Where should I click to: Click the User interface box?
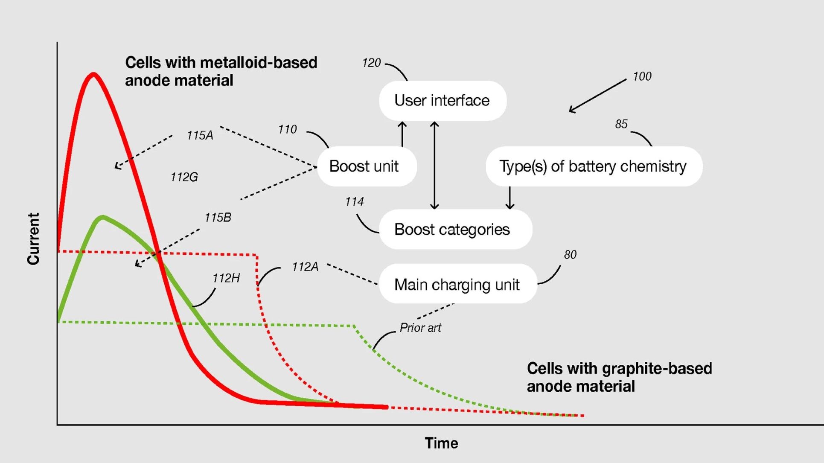443,101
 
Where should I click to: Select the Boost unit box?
367,166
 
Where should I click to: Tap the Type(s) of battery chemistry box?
594,166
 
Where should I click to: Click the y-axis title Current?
33,239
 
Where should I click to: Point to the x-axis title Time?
441,443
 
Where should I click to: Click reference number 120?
371,63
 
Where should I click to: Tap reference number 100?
642,77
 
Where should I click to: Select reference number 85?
621,124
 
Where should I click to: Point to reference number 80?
570,255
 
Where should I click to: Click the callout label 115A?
200,136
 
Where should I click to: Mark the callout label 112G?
184,177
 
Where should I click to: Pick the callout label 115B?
218,218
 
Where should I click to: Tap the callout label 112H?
226,278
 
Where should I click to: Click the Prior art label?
420,328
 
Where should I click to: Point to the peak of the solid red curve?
93,75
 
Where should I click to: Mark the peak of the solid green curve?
102,218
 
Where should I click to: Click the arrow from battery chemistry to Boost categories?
510,198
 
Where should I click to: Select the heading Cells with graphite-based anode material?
619,377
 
